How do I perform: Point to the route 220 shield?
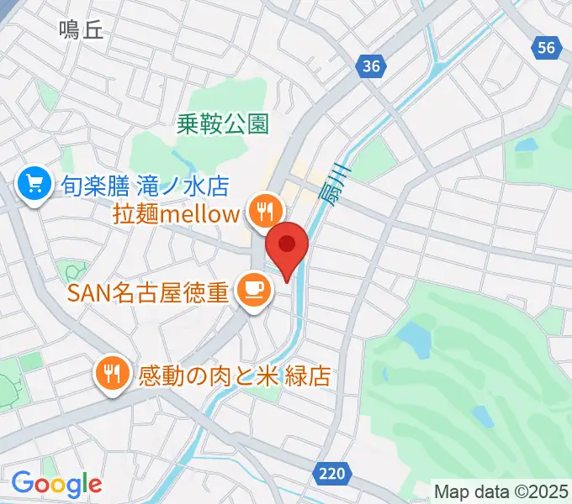click(x=332, y=475)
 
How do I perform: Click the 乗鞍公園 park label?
click(x=223, y=125)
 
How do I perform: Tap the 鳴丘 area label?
click(x=81, y=31)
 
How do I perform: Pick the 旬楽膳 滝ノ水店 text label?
click(x=146, y=184)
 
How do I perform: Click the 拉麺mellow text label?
click(x=176, y=213)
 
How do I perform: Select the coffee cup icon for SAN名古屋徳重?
click(x=252, y=290)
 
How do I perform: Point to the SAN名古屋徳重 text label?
click(x=148, y=293)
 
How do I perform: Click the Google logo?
click(x=56, y=483)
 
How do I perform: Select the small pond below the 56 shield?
click(x=526, y=145)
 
